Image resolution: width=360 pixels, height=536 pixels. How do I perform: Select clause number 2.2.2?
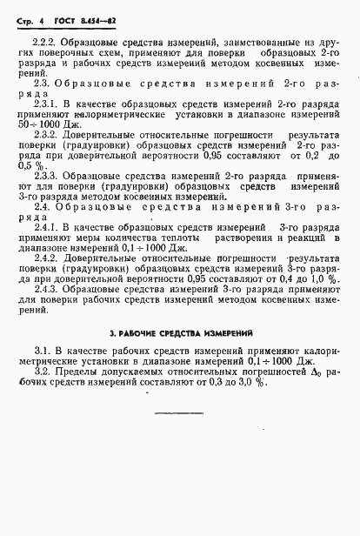(x=43, y=42)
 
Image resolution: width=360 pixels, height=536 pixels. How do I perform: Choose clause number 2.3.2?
(x=43, y=135)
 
